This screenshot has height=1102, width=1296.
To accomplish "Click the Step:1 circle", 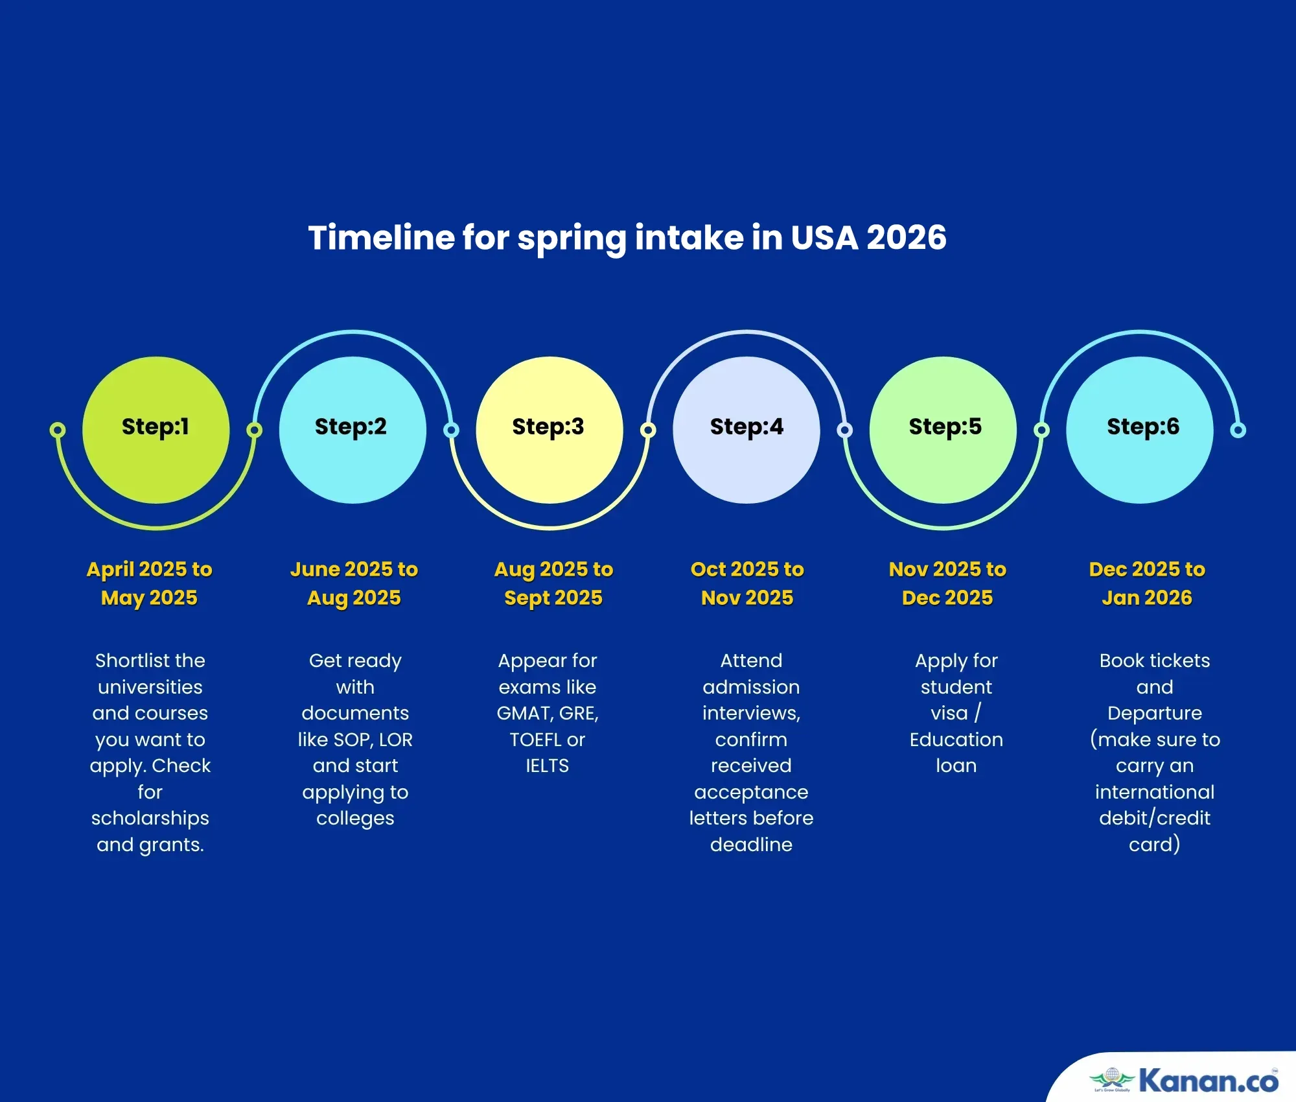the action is [x=156, y=430].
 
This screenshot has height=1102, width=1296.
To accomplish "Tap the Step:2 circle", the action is [x=353, y=430].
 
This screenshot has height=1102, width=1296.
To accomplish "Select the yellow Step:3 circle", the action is [x=550, y=430].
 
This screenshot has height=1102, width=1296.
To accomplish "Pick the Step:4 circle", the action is [x=746, y=430].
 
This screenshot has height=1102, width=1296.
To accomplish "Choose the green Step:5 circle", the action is [x=943, y=430].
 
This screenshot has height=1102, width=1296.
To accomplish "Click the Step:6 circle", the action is [x=1140, y=430].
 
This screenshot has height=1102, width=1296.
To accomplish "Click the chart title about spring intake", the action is [x=627, y=238].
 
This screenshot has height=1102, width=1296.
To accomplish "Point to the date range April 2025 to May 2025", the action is [x=150, y=583].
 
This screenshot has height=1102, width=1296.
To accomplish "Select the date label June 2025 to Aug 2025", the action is [x=354, y=583].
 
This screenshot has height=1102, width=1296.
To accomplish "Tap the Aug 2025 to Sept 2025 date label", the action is [x=553, y=583].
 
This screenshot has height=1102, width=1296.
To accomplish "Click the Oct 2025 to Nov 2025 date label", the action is [x=747, y=583].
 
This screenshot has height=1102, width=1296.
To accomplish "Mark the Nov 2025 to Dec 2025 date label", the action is [x=947, y=583].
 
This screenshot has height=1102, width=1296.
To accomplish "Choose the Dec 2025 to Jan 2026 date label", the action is [x=1147, y=583].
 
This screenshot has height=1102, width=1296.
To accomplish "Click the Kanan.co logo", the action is [x=1183, y=1080].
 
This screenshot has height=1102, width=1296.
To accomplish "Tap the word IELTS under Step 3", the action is [x=548, y=766].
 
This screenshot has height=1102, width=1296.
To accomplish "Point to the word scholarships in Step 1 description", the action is [x=150, y=819].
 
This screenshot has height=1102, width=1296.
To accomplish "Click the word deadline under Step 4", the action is [x=751, y=845].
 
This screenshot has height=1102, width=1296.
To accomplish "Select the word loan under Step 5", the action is [x=956, y=766].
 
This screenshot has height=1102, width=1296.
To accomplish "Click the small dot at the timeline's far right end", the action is [x=1238, y=430].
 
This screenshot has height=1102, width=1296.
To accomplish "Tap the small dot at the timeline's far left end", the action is [x=58, y=430].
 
